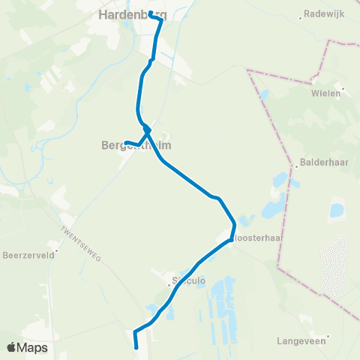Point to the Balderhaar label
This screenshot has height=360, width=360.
pyautogui.click(x=320, y=160)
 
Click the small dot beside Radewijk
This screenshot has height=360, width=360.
pyautogui.click(x=300, y=16)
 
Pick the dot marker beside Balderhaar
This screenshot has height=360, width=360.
pyautogui.click(x=298, y=167)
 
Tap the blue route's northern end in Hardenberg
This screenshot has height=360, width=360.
pyautogui.click(x=151, y=13)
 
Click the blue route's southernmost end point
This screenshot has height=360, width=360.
pyautogui.click(x=136, y=347)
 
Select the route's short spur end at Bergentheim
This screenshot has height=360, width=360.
pyautogui.click(x=126, y=142)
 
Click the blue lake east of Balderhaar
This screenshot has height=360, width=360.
pyautogui.click(x=336, y=210)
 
